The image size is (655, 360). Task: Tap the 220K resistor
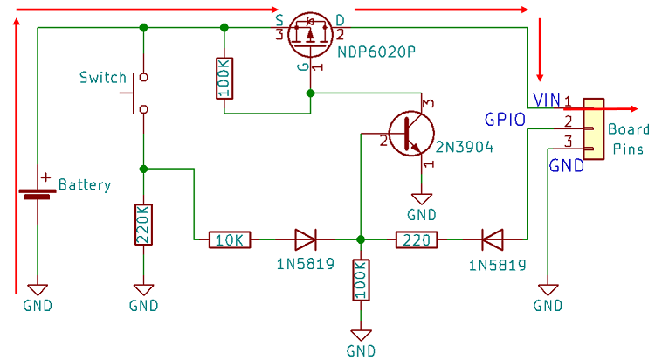[x=143, y=226]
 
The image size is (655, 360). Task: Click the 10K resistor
[x=231, y=239]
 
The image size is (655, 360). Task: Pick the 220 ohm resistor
[x=418, y=239]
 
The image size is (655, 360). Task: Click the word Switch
[x=102, y=78]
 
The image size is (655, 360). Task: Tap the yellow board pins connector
[x=593, y=128]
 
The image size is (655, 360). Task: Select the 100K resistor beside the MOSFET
[x=224, y=78]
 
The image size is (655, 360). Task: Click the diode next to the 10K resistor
[x=306, y=239]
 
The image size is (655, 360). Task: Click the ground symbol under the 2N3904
[x=422, y=199]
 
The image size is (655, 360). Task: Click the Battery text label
[x=85, y=185]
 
